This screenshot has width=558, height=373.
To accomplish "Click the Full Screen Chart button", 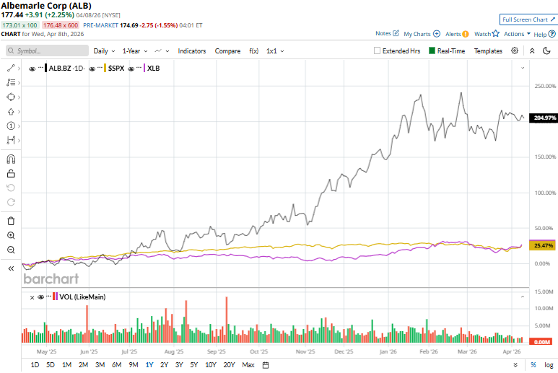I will coord(527,19).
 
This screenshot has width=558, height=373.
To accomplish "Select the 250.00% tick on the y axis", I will coord(544,87).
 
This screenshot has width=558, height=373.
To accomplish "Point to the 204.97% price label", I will coord(544,118).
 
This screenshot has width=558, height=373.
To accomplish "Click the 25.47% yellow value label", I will coord(543,246).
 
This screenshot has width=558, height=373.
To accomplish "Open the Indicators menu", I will coord(191,51).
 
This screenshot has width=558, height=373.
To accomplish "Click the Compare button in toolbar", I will coord(227,51).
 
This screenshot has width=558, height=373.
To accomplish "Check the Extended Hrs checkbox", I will coord(378,51).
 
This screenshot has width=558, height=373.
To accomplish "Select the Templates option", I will coord(488,51).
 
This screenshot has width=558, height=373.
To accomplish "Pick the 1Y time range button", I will coord(149,365).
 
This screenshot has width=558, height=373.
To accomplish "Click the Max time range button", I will coord(248,365).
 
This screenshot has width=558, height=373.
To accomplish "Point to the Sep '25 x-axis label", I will coord(217,352).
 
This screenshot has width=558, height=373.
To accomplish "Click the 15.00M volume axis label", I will coord(543,291).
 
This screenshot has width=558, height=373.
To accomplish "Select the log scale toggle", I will coord(549,365).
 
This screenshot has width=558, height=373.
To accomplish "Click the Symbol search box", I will coord(45,51).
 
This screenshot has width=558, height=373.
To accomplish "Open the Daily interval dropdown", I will coord(104,51).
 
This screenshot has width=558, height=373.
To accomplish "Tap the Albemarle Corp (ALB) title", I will coord(45,6).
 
